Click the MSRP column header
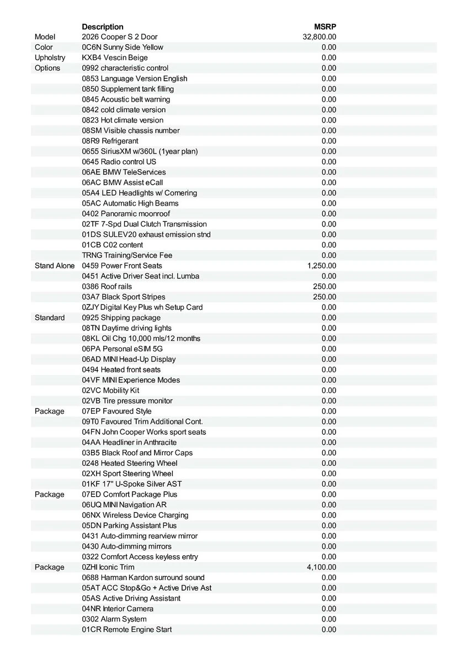pyautogui.click(x=325, y=27)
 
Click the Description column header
pyautogui.click(x=103, y=27)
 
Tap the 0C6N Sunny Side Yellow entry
pyautogui.click(x=123, y=48)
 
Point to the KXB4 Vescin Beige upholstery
pyautogui.click(x=115, y=57)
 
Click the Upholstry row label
pyautogui.click(x=50, y=57)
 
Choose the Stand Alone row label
pyautogui.click(x=55, y=266)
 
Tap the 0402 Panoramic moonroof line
pyautogui.click(x=126, y=214)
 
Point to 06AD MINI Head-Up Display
pyautogui.click(x=129, y=359)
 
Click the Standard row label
pyautogui.click(x=50, y=318)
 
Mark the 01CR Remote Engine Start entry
pyautogui.click(x=127, y=630)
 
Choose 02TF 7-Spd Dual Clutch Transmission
pyautogui.click(x=144, y=224)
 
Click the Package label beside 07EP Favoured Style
pyautogui.click(x=49, y=411)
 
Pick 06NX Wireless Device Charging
pyautogui.click(x=135, y=515)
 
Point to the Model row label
pyautogui.click(x=45, y=37)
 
